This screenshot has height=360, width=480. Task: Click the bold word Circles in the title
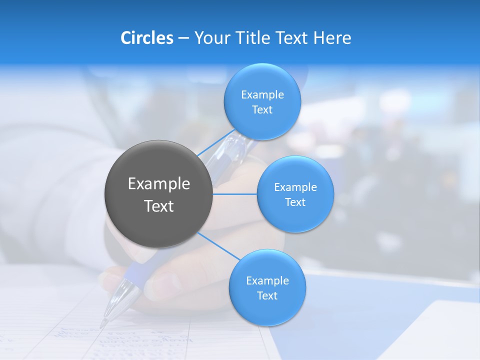(x=146, y=38)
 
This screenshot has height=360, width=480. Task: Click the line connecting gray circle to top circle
(x=216, y=142)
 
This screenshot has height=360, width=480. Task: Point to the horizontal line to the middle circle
(x=235, y=194)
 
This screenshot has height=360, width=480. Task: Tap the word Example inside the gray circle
(x=159, y=184)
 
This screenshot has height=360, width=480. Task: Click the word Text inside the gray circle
(x=159, y=206)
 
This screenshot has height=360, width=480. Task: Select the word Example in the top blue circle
(x=262, y=94)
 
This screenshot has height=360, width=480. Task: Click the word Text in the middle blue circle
(x=295, y=202)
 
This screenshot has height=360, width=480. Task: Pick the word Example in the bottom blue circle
(x=267, y=280)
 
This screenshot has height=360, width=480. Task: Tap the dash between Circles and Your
(x=183, y=38)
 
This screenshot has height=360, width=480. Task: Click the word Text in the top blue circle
(x=262, y=110)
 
